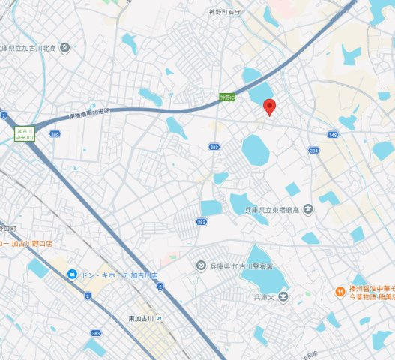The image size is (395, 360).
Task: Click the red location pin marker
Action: tap(271, 106)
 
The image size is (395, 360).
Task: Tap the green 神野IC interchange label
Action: tap(227, 97)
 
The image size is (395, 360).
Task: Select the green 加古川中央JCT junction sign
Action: tap(23, 133)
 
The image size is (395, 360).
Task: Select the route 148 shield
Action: tap(333, 135)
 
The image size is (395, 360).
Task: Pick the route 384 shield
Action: tap(314, 151)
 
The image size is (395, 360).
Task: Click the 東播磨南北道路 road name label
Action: tap(78, 115)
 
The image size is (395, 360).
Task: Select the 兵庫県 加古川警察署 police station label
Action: tap(241, 266)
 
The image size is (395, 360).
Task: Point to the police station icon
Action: tap(201, 265)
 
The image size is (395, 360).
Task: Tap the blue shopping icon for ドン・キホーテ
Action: tap(72, 274)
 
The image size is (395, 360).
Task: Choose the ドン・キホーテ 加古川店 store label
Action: tap(112, 274)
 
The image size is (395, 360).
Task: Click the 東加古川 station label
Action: tap(140, 319)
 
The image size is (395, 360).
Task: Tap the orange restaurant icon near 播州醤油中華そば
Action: tap(340, 291)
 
